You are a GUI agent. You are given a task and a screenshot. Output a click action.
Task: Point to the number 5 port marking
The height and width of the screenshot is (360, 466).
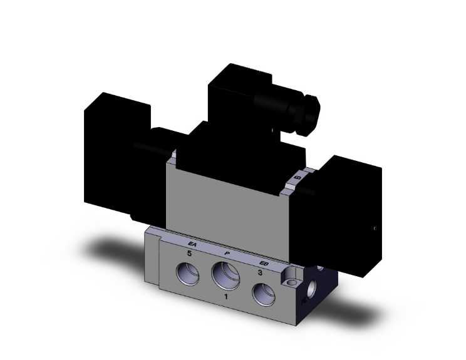(187, 253)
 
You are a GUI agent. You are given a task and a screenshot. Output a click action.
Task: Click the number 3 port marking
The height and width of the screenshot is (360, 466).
(260, 272)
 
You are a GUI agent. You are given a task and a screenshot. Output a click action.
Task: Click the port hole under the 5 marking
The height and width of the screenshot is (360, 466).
(188, 273)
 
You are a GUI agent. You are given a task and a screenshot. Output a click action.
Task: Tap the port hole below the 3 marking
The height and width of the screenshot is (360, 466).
(262, 292)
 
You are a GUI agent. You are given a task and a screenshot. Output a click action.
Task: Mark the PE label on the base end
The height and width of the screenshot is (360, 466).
(304, 301)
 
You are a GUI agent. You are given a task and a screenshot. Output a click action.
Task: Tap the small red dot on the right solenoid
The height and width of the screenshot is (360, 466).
(375, 228)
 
